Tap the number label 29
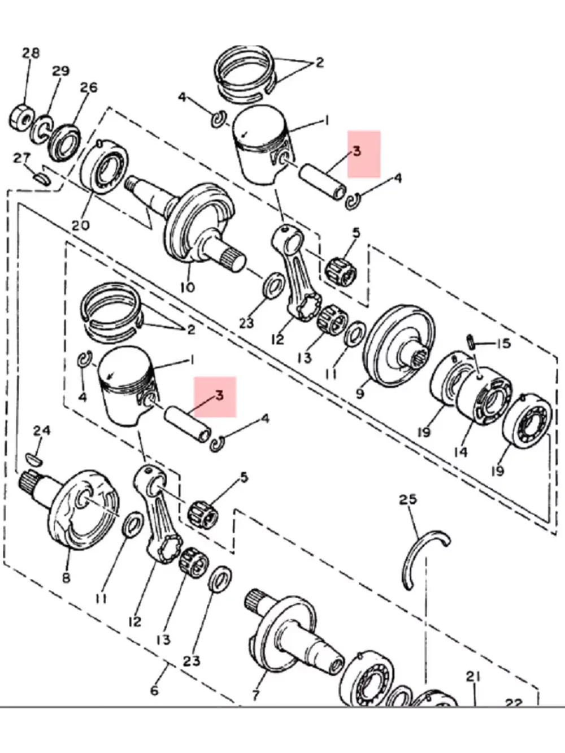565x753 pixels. (x=60, y=71)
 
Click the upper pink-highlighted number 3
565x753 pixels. (x=357, y=151)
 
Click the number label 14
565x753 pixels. (x=460, y=452)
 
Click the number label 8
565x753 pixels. (x=66, y=578)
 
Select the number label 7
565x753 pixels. (x=255, y=694)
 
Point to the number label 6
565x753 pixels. (x=154, y=690)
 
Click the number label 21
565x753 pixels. (x=473, y=676)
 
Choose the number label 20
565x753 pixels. (x=80, y=225)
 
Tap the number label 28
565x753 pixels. (x=31, y=53)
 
